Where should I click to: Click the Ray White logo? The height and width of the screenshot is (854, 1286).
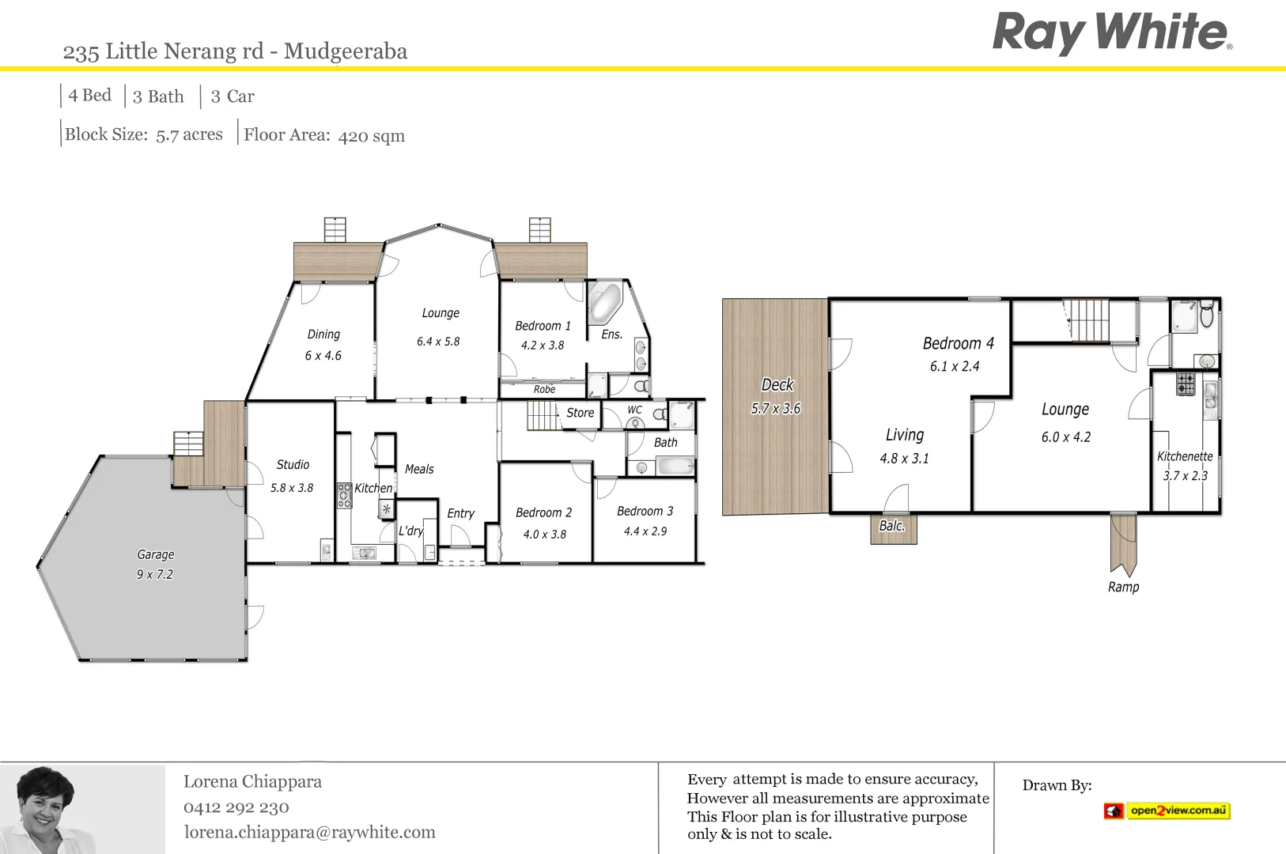click(x=1111, y=33)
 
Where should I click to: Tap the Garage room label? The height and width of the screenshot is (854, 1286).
click(x=156, y=554)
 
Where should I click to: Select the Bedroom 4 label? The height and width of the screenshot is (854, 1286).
click(x=958, y=343)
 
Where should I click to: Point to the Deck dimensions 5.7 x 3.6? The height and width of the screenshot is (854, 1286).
click(x=775, y=409)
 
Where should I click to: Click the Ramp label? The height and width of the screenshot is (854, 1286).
click(x=1123, y=587)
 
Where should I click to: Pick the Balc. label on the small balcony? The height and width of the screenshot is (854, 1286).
click(x=891, y=526)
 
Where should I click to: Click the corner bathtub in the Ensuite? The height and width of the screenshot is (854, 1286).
click(x=605, y=303)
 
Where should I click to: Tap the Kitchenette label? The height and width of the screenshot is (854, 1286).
click(x=1184, y=456)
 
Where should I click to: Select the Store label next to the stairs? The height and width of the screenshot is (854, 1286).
click(x=580, y=413)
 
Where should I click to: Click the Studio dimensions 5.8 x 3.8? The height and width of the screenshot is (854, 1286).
click(x=292, y=488)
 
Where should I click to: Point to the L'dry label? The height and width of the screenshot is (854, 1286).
click(x=410, y=531)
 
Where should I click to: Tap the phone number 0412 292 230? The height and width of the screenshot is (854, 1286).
click(x=236, y=807)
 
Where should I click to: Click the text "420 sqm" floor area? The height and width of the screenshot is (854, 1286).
click(x=371, y=136)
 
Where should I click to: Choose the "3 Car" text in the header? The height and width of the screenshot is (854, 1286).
click(x=232, y=96)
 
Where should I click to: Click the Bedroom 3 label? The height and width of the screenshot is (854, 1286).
click(x=645, y=511)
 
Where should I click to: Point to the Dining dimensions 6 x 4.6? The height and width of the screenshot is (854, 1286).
click(x=323, y=356)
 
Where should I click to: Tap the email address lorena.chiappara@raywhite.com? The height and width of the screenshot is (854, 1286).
click(x=309, y=832)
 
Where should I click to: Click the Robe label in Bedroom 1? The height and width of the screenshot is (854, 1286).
click(x=544, y=389)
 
